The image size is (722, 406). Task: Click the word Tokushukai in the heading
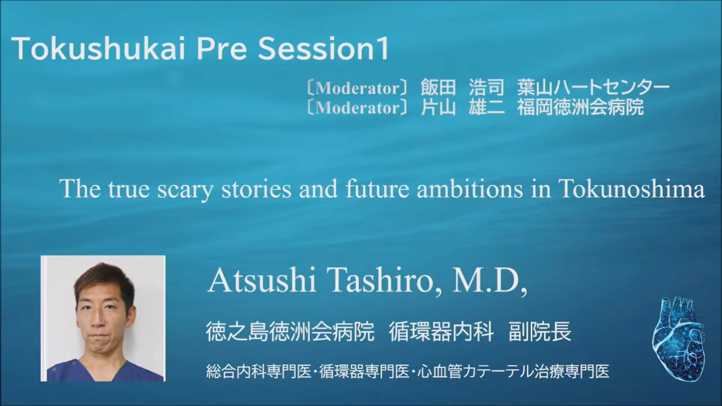coord(99,48)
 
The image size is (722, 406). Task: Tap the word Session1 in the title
coord(323,48)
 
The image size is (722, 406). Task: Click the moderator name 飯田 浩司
coord(462,87)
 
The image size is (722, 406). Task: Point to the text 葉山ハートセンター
coord(593,87)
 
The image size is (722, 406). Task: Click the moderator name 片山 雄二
coord(462,107)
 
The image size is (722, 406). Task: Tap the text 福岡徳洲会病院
coord(580,107)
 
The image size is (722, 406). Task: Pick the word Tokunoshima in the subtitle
coord(631,188)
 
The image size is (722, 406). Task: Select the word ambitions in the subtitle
coord(470,188)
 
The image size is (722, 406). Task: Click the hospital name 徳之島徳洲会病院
coord(290,332)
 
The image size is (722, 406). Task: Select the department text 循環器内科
coord(442,332)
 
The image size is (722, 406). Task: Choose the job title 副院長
coord(540,332)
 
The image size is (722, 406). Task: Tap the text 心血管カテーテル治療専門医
coord(513,372)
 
